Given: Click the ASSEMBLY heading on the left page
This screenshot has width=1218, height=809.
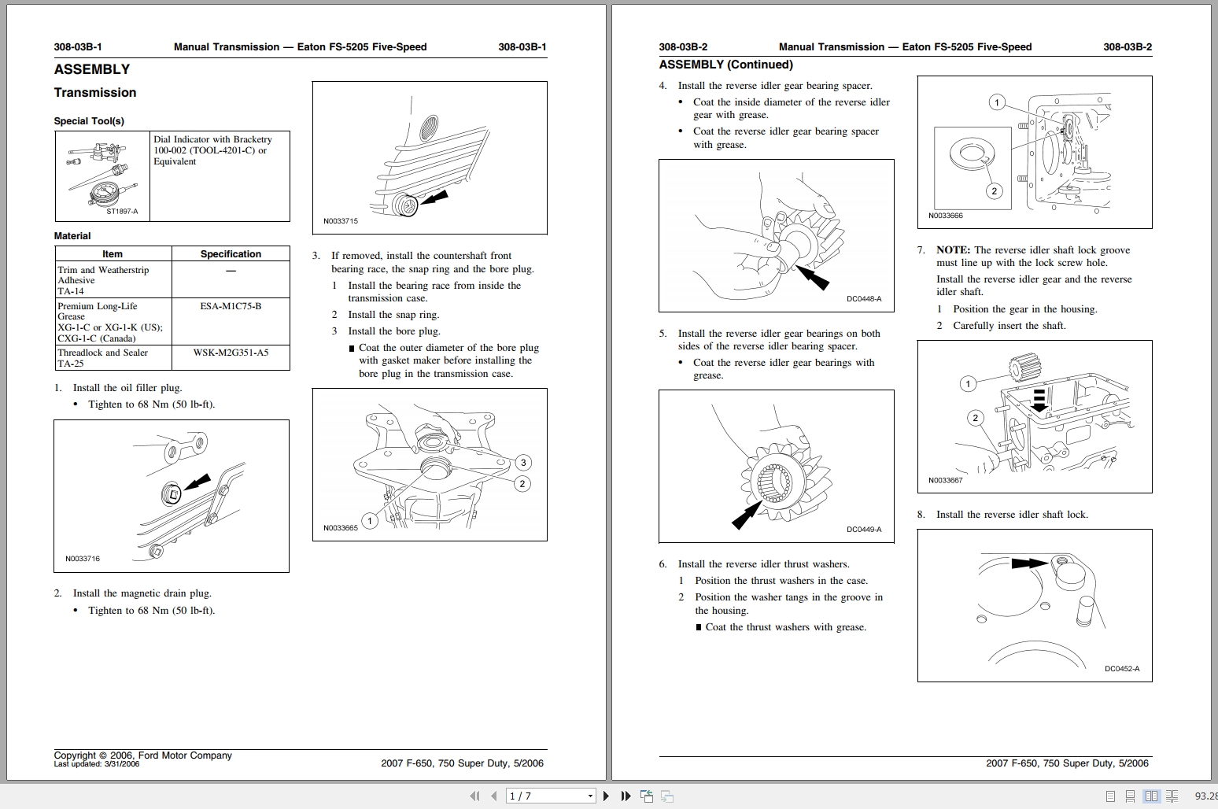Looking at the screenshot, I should tap(91, 69).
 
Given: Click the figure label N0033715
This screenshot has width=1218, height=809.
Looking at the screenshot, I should tap(340, 221).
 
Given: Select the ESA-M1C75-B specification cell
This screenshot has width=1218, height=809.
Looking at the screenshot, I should tap(231, 306).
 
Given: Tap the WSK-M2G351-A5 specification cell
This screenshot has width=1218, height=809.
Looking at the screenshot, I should tap(231, 353).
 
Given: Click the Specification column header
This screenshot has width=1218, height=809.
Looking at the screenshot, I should tap(231, 254).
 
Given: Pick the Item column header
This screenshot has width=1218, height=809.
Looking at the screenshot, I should tap(113, 254).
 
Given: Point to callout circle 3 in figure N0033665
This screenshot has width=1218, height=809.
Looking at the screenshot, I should tap(522, 463).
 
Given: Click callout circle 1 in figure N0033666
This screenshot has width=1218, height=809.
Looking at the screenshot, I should tap(997, 103).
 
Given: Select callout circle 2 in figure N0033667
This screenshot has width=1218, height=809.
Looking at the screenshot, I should tap(976, 418).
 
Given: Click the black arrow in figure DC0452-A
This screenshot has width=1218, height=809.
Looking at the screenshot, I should tap(1029, 563).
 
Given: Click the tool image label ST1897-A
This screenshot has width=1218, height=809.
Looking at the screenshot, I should tap(122, 212).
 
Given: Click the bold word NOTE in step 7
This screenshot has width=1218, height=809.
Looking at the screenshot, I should tap(953, 250).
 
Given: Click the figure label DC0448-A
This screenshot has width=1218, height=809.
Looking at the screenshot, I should tap(864, 299).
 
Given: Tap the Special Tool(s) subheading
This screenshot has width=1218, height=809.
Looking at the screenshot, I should tap(89, 121).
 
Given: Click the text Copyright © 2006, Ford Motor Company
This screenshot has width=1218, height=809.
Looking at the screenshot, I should tap(142, 755).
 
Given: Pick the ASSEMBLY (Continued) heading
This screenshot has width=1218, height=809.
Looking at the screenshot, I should tap(725, 65).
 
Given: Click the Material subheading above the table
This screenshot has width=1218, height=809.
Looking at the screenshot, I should tap(72, 236).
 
